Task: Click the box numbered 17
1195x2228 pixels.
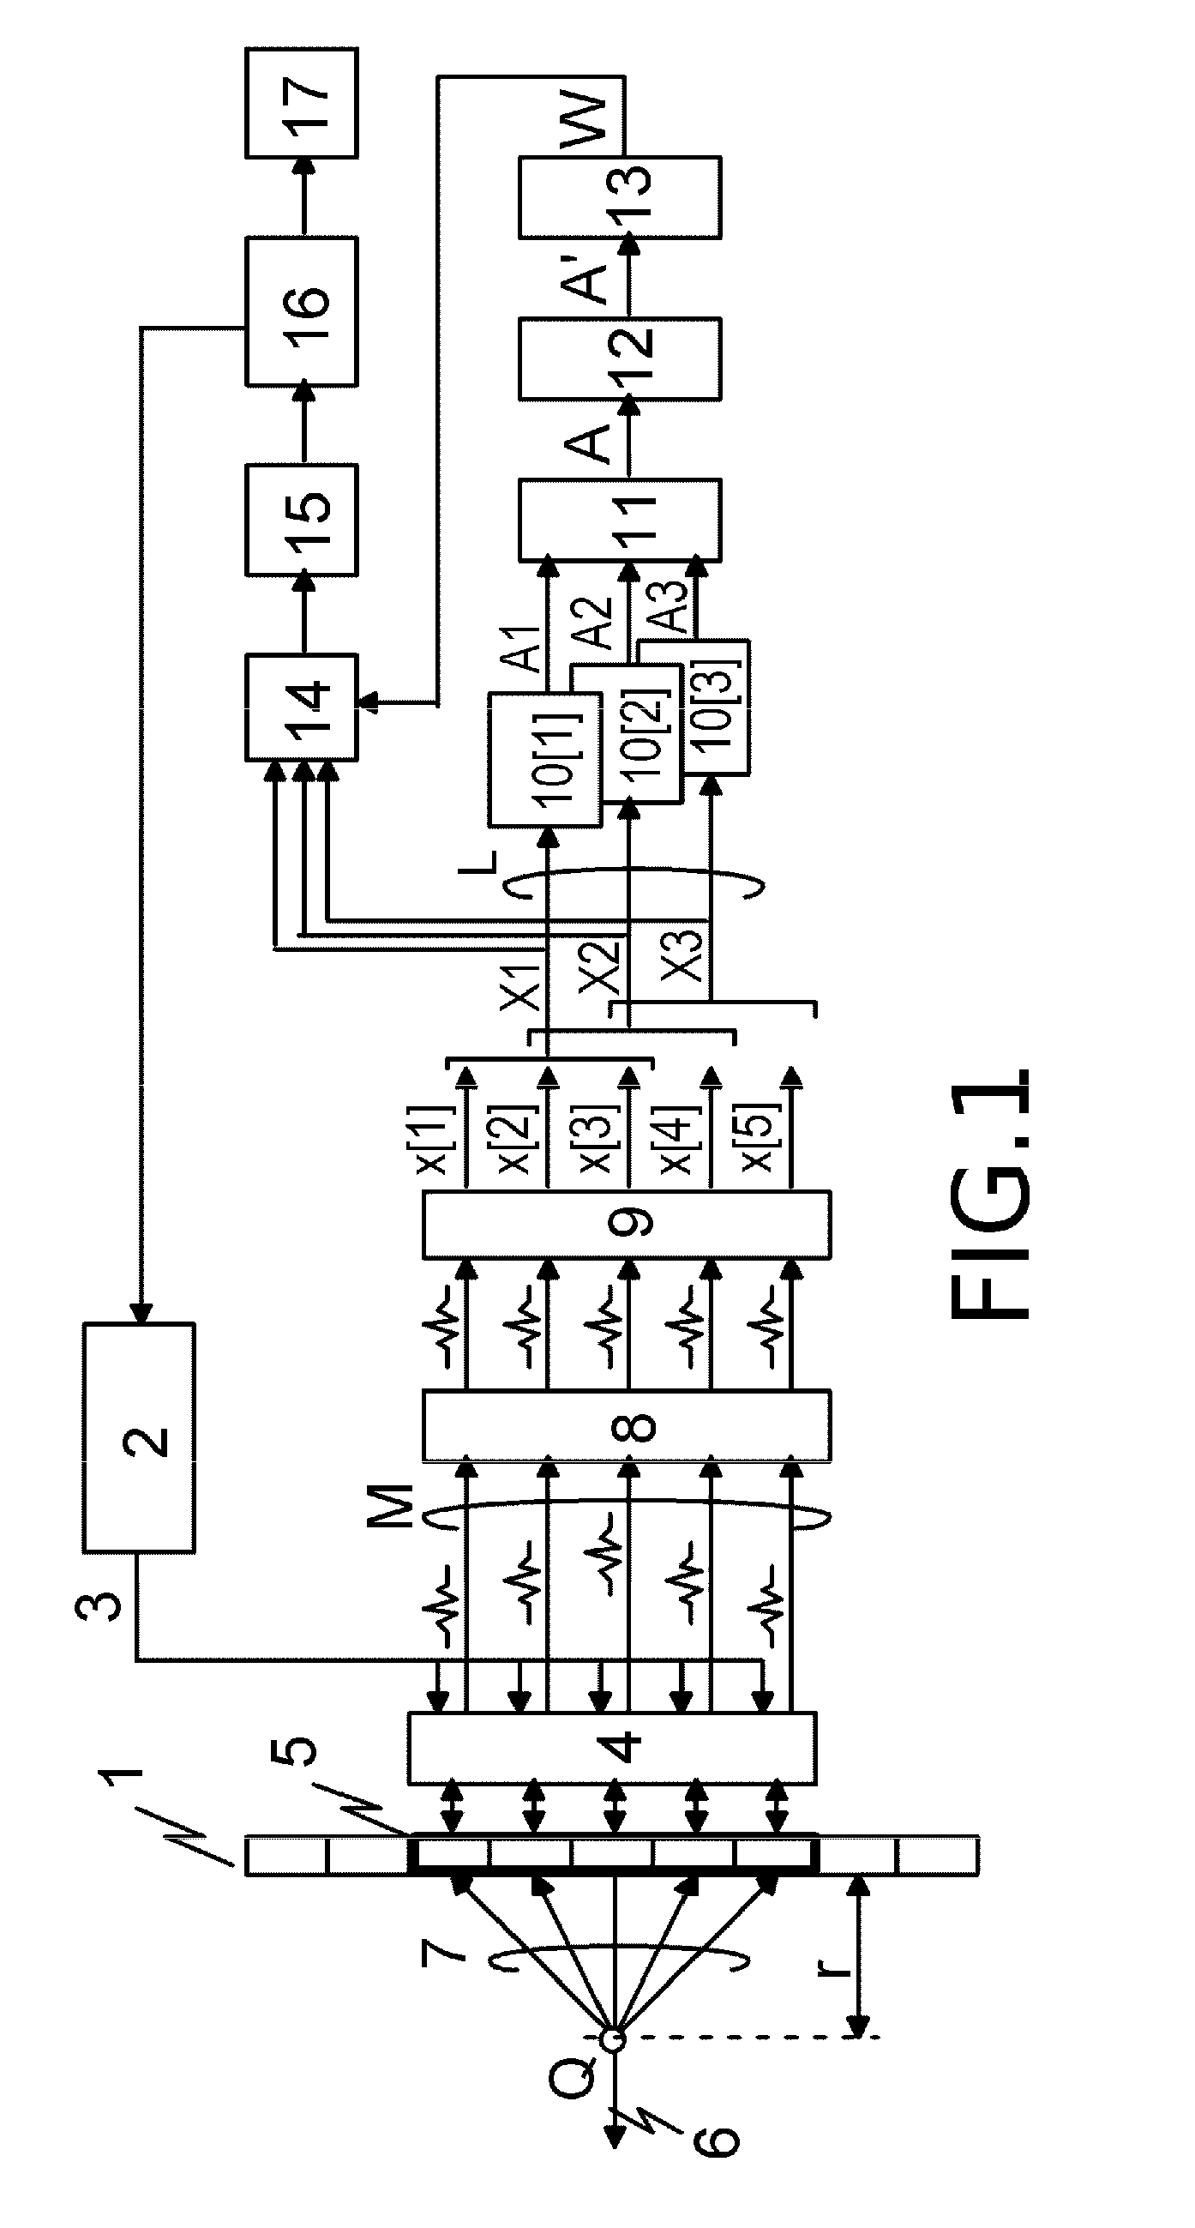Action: (x=302, y=103)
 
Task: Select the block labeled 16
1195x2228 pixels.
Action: (x=302, y=311)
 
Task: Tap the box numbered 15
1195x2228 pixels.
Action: (x=302, y=520)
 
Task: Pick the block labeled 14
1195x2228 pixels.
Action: (x=302, y=708)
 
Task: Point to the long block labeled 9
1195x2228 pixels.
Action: (x=627, y=1224)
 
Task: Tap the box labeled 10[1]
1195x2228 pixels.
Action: (x=544, y=758)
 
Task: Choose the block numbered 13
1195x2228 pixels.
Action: (x=620, y=196)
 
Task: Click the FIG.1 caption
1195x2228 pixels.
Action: (x=991, y=1195)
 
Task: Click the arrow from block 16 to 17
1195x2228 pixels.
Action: (x=302, y=197)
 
